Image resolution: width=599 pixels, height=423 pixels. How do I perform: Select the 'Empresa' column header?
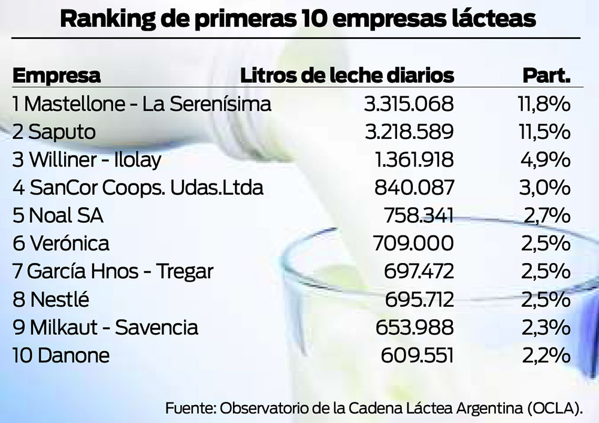point(56,76)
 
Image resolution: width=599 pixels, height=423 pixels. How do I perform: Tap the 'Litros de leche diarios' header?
point(347,76)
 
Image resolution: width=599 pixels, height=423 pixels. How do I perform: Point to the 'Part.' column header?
point(546,76)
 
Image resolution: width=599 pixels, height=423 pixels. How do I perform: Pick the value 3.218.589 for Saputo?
point(409,132)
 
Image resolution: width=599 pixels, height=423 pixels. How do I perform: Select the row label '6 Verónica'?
point(61,244)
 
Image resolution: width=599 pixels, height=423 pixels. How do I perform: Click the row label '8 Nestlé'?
point(55,300)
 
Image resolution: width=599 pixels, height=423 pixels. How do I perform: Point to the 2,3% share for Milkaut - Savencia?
point(543,328)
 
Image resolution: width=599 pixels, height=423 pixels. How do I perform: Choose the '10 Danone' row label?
point(61,356)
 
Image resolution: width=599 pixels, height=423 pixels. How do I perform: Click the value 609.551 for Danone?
point(417,356)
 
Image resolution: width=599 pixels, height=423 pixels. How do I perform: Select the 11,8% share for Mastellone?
point(543,104)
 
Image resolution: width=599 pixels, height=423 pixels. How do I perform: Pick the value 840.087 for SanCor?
point(414,188)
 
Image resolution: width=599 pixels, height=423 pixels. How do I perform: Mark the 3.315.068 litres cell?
point(409,104)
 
